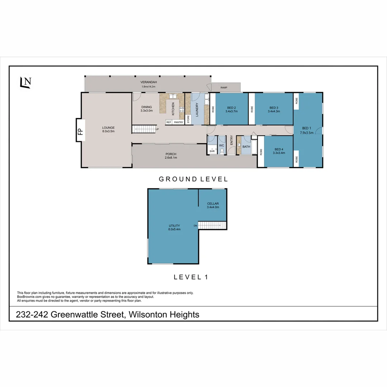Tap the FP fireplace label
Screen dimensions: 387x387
point(80,130)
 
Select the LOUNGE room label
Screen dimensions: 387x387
point(108,129)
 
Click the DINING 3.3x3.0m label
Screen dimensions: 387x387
point(147,109)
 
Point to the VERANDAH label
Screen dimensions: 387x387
point(149,84)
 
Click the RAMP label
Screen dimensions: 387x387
point(224,87)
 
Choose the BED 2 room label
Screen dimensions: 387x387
point(231,109)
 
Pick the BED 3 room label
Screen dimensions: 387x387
point(274,109)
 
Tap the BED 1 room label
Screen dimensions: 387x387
point(307,130)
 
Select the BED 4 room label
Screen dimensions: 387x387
point(279,151)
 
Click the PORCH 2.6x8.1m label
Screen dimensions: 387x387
point(171,156)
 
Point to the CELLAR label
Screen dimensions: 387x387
point(213,205)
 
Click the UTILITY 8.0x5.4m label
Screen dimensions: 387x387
point(175,227)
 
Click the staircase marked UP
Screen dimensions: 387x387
point(145,129)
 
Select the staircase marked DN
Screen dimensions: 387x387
point(212,225)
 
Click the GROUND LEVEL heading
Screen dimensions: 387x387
point(193,179)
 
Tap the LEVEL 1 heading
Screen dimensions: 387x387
point(191,277)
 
